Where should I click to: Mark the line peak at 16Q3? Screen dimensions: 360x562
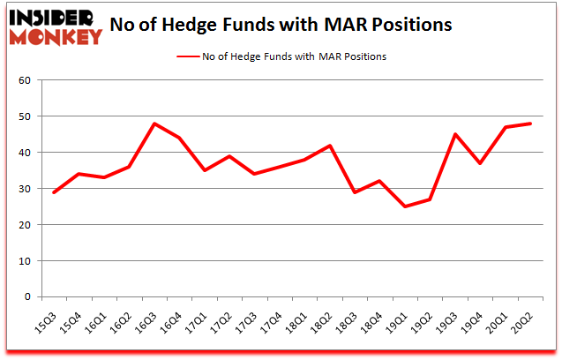point(154,124)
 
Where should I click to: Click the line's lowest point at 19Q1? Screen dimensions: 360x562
point(405,206)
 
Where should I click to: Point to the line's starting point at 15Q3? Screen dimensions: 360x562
point(54,192)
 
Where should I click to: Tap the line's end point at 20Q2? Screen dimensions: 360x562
point(530,124)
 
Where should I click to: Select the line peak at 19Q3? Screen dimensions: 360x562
point(455,134)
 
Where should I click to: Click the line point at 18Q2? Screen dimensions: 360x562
point(330,146)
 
